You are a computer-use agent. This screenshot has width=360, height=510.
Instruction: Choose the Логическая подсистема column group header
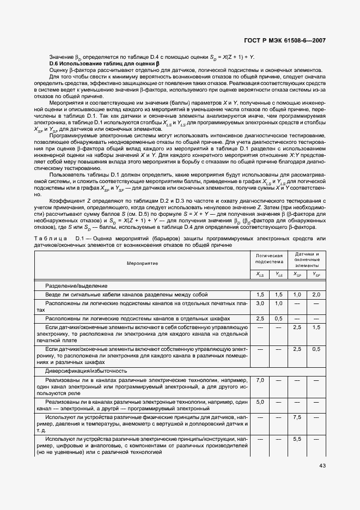coord(269,258)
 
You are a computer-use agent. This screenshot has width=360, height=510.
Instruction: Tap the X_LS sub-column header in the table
coord(260,275)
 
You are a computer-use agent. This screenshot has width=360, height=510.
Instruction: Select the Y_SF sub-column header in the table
coord(316,275)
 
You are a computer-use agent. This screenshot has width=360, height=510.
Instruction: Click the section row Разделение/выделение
coord(77,286)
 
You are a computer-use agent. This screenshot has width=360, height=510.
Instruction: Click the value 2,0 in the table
coord(316,294)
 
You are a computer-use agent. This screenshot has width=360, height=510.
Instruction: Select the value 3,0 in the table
coord(260,303)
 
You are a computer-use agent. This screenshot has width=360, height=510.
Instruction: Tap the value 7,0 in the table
coord(260,380)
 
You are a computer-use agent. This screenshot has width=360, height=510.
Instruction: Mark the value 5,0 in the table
coord(260,402)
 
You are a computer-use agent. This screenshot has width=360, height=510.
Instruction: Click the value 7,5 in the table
coord(297,417)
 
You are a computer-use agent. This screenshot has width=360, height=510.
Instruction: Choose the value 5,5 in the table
coord(297,439)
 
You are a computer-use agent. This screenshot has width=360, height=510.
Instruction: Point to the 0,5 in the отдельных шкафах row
coord(278,318)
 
